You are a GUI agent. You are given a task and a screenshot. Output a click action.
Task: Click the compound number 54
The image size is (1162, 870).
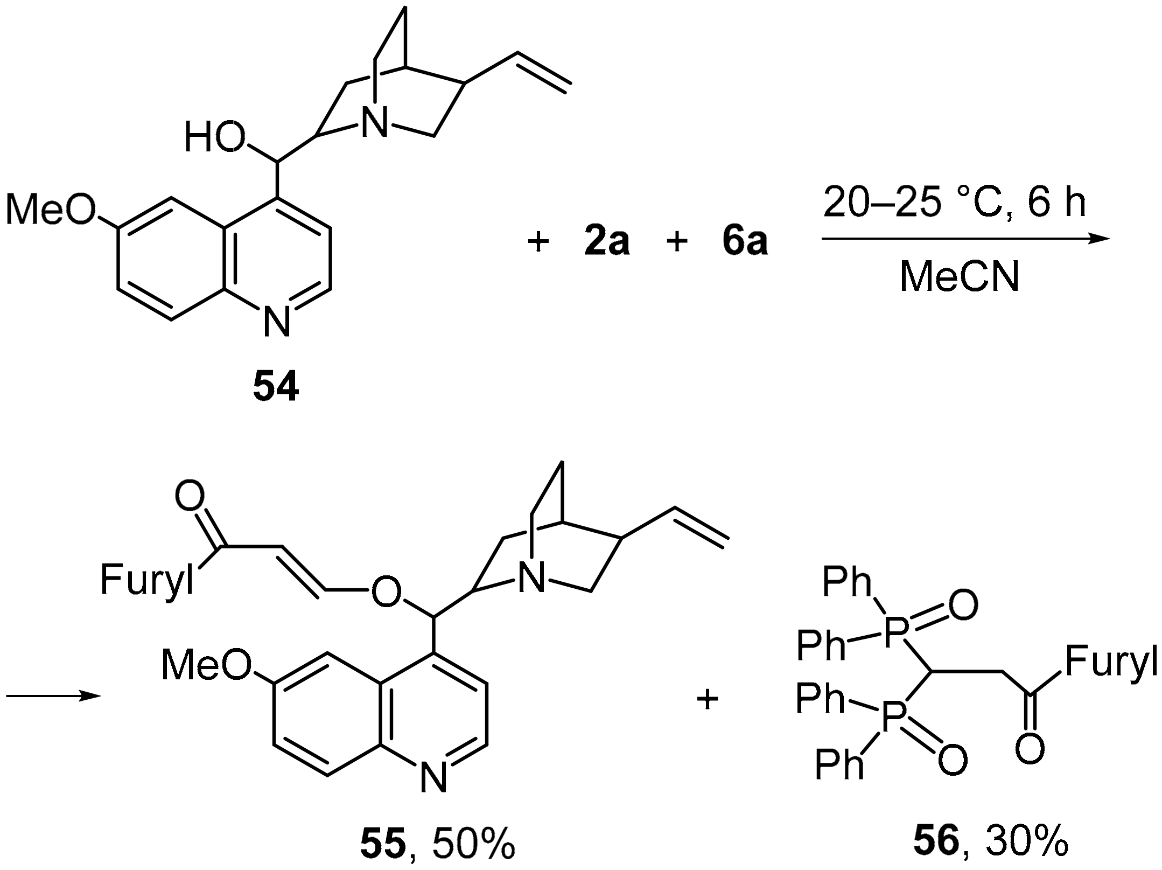[x=276, y=388]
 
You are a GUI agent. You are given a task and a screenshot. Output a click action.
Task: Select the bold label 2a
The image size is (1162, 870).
[x=607, y=242]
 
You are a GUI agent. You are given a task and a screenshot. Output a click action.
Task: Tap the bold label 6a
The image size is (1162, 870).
[x=745, y=242]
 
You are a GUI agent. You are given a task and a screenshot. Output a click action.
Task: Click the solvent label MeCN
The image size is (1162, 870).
[x=960, y=277]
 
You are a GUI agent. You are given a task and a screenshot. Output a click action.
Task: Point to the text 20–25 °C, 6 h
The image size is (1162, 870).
[x=954, y=204]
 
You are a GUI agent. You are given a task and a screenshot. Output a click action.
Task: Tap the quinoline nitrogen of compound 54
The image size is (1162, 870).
[x=276, y=322]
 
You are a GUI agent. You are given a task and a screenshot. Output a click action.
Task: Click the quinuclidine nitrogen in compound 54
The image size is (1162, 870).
[x=374, y=122]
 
